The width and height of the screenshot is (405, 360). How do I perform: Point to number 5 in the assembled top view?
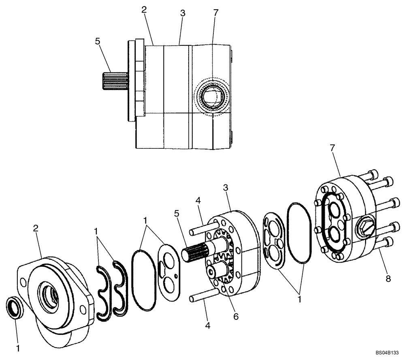click(97, 41)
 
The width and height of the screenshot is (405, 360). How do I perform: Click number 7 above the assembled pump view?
click(215, 13)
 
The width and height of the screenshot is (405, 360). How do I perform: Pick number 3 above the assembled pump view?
click(183, 13)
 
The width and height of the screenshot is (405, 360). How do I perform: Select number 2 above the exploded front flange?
click(36, 229)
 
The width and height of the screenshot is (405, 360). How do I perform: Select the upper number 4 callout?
click(198, 200)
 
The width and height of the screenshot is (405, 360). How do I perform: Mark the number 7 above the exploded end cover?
click(332, 148)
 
